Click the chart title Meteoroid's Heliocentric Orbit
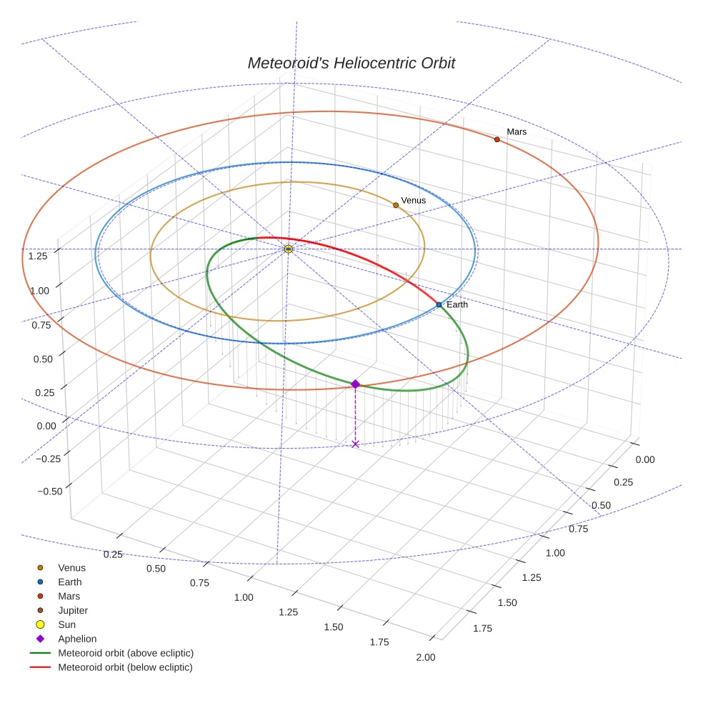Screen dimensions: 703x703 point(351,63)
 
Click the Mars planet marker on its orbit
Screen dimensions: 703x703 point(497,139)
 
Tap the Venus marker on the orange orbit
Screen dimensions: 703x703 point(396,205)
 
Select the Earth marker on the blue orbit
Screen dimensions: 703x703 point(439,305)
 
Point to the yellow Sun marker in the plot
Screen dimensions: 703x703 point(289,249)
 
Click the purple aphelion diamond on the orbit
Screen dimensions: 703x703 point(355,384)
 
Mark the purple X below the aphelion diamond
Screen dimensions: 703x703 point(355,444)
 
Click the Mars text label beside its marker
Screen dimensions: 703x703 point(517,132)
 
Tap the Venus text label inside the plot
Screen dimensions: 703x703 point(413,201)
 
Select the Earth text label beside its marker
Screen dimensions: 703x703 point(457,305)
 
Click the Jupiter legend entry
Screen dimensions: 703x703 point(72,611)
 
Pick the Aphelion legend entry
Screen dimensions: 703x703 point(76,639)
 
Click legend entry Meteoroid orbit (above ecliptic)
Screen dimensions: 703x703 point(125,654)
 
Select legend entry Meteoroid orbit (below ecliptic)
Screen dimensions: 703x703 point(125,668)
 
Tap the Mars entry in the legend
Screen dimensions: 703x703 point(69,597)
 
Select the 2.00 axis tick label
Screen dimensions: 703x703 point(424,658)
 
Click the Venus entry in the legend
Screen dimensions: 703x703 point(71,568)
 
